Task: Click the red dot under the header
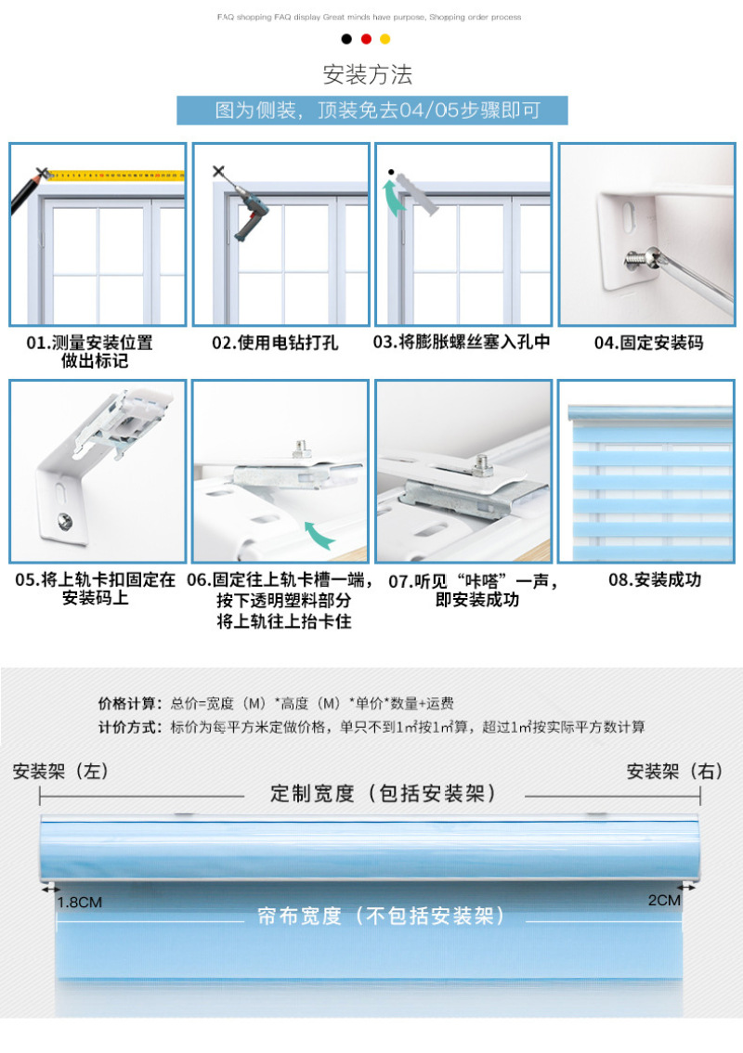tap(366, 39)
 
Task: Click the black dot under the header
tap(346, 39)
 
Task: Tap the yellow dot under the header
tap(385, 39)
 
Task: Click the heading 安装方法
tap(368, 74)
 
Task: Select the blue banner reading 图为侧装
tap(372, 110)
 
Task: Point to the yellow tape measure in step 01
tap(115, 175)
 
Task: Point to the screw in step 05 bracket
tap(65, 520)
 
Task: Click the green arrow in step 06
tap(319, 535)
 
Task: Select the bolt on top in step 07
tap(482, 463)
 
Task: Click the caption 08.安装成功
tap(655, 579)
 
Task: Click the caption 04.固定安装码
tap(649, 343)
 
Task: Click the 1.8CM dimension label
tap(80, 902)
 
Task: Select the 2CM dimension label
tap(664, 900)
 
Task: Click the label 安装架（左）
tap(60, 771)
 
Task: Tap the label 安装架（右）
tap(674, 771)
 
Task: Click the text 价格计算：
tap(130, 703)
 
